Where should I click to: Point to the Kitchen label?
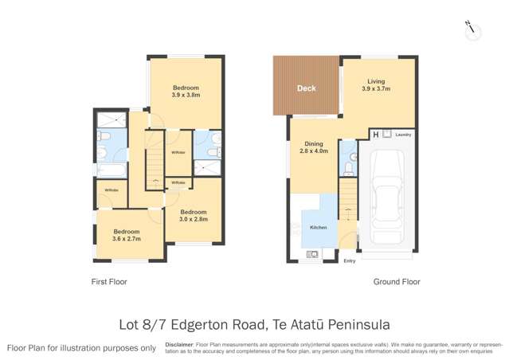click(319, 228)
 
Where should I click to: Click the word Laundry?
click(403, 135)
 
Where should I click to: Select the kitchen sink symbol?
click(312, 254)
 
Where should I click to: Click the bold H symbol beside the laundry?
click(376, 135)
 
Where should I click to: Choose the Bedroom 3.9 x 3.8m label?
click(185, 92)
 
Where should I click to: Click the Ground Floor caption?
click(397, 282)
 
